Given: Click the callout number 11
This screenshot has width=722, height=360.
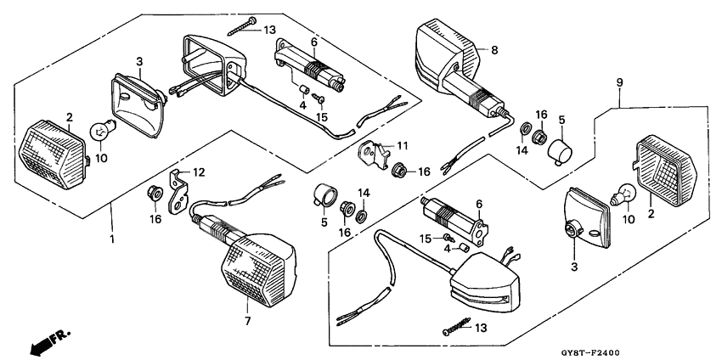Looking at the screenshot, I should click(x=402, y=145).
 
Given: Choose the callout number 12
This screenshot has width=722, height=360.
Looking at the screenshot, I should click(x=200, y=172).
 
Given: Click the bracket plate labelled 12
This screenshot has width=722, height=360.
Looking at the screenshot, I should click(x=180, y=192).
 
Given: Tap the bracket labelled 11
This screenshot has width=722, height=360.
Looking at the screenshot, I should click(x=373, y=155).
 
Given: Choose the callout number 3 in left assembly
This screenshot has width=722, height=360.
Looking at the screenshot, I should click(x=140, y=61).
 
